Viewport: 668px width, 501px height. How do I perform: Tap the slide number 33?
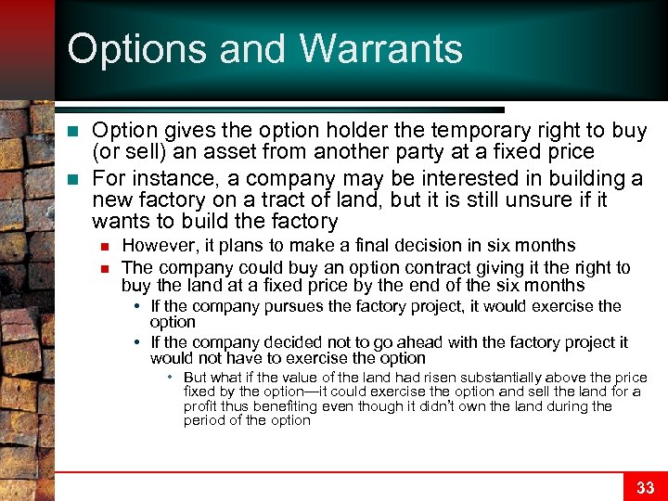[645, 487]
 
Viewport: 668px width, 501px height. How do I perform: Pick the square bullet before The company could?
[107, 267]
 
